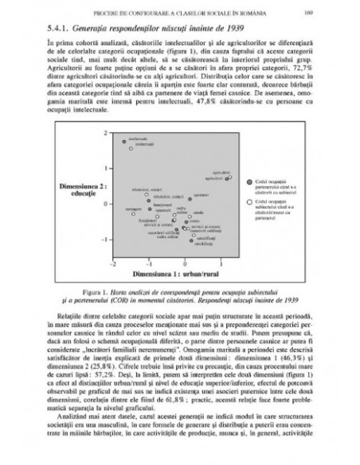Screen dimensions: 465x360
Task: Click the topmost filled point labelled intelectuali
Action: click(x=126, y=140)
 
